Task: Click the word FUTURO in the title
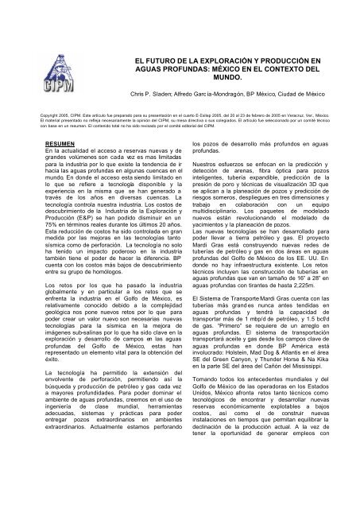[x=150, y=60]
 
